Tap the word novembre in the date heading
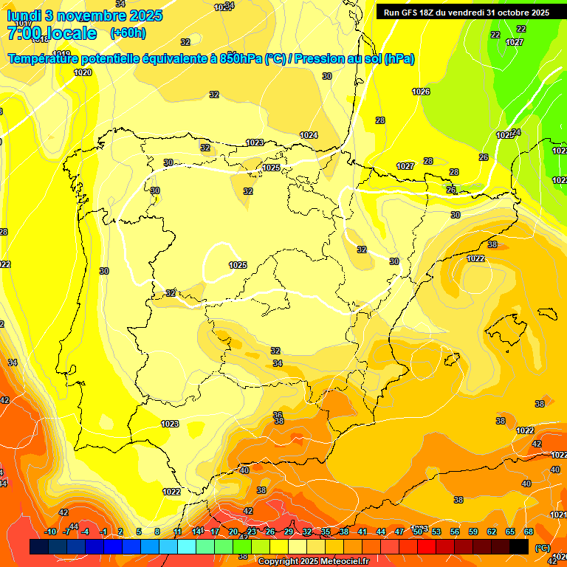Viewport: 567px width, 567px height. click(91, 16)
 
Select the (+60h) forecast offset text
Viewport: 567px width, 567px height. click(128, 32)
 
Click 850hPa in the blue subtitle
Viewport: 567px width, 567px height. click(241, 59)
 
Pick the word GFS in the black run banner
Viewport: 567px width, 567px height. click(416, 13)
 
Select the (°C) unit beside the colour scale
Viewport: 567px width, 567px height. click(542, 547)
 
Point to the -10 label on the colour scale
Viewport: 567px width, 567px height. click(50, 532)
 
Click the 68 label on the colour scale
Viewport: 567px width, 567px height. click(529, 532)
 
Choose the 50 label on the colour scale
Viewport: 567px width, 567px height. click(418, 532)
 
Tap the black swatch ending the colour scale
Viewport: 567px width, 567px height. click(519, 546)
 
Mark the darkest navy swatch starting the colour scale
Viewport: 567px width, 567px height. click(39, 546)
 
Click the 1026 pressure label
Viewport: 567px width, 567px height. click(421, 92)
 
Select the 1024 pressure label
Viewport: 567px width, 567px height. click(309, 135)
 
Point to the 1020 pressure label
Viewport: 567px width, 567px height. click(83, 72)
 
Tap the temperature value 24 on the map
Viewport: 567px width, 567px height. click(516, 132)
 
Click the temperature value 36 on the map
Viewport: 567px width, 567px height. click(278, 415)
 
